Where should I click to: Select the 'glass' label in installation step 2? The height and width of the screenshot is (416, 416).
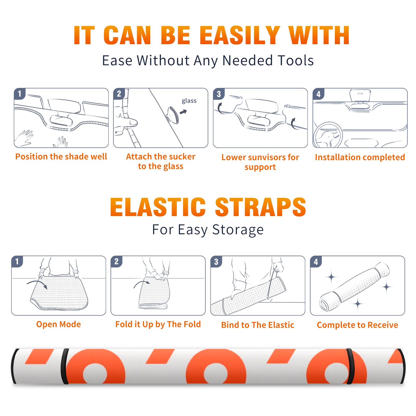click(x=189, y=101)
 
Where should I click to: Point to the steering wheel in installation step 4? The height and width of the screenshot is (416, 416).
click(x=328, y=135)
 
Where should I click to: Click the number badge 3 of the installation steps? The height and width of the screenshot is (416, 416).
click(x=219, y=94)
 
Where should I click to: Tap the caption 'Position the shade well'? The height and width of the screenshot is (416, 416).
click(x=61, y=157)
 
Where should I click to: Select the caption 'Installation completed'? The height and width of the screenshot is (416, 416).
click(x=360, y=157)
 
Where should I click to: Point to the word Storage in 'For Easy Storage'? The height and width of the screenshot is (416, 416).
click(x=238, y=230)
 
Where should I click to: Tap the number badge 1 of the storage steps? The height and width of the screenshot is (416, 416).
click(x=17, y=261)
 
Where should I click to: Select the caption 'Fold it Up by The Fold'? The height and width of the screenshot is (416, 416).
click(x=158, y=324)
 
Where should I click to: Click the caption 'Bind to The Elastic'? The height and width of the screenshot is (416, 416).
click(x=258, y=325)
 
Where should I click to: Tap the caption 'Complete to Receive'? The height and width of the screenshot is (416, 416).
click(x=357, y=325)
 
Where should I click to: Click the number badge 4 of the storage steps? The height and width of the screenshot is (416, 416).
click(x=316, y=262)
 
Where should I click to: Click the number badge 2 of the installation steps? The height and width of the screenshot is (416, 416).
click(x=119, y=94)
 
